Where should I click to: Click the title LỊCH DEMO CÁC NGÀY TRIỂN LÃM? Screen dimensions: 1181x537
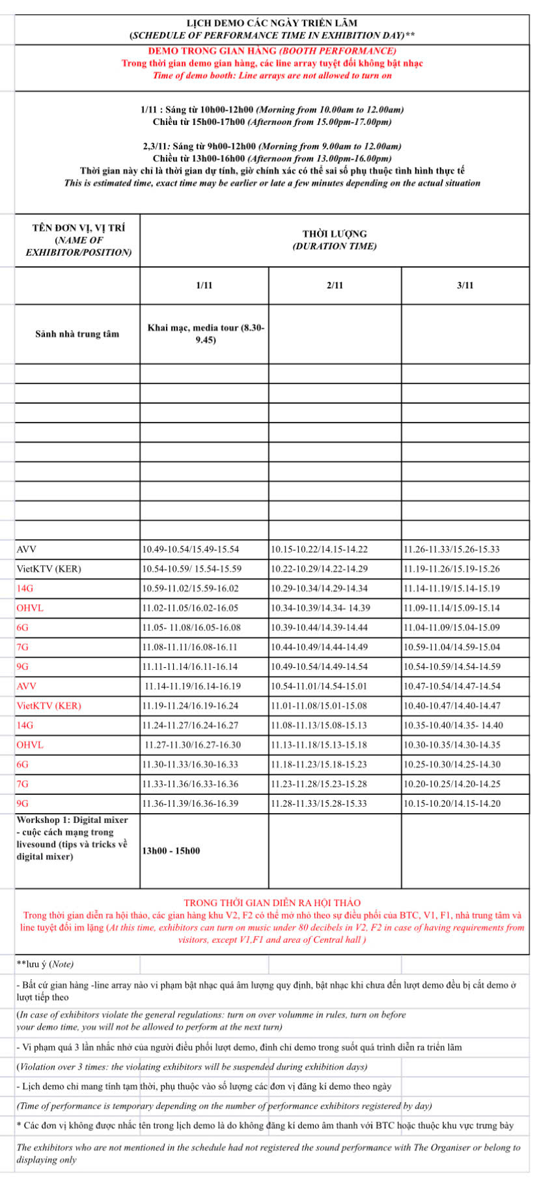click(x=271, y=23)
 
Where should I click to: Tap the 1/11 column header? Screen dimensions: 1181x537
click(x=204, y=285)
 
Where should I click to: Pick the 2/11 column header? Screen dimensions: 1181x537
click(x=335, y=285)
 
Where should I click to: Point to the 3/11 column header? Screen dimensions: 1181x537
click(x=465, y=285)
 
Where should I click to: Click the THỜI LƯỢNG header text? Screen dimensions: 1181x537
click(x=335, y=234)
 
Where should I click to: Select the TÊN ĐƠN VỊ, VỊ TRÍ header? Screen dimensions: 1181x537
click(x=78, y=228)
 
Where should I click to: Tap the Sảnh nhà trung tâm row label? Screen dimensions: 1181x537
click(x=77, y=334)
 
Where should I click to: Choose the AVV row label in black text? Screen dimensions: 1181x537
click(x=27, y=549)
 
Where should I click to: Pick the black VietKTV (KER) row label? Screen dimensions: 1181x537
click(x=49, y=569)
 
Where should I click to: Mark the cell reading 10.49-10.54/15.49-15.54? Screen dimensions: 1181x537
click(x=191, y=549)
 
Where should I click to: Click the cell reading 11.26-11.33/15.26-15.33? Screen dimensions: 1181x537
click(x=452, y=549)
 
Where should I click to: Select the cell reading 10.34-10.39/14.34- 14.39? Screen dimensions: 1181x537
click(x=320, y=608)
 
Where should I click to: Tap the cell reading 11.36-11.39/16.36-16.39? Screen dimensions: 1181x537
click(x=190, y=803)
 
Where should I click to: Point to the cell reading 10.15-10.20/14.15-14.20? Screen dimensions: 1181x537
click(x=452, y=803)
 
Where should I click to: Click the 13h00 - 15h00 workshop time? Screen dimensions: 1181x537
click(x=171, y=851)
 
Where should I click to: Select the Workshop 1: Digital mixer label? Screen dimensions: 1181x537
click(x=72, y=820)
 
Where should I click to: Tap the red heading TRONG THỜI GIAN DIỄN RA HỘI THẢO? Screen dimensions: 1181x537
click(x=272, y=903)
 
